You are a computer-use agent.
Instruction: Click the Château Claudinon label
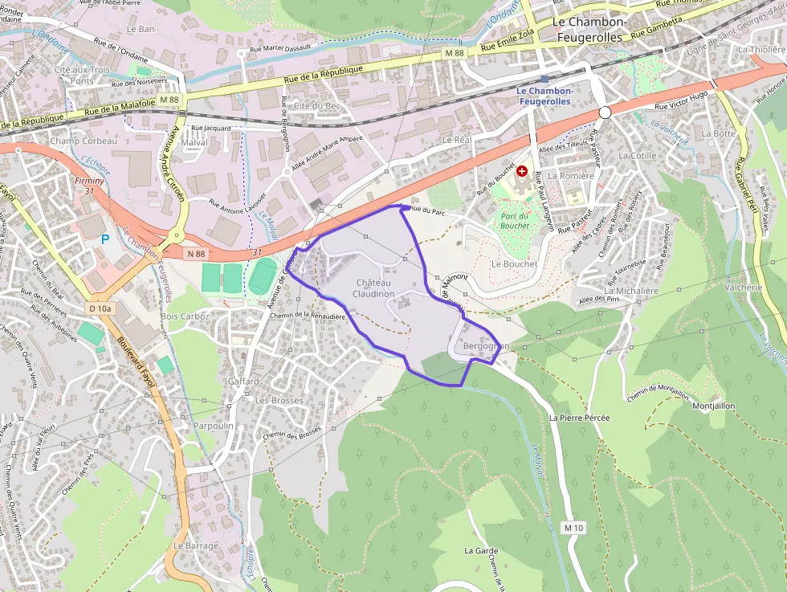point(373,288)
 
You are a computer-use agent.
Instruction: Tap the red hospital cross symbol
point(523,171)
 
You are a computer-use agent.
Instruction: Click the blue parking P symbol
point(105,239)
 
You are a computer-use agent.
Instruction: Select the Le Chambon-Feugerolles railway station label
point(544,96)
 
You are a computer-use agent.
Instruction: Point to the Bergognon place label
point(487,346)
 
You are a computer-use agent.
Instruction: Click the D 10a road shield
point(101,308)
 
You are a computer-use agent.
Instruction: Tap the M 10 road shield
point(573,528)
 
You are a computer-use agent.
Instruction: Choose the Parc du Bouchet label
point(514,220)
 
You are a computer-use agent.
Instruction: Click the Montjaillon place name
point(713,406)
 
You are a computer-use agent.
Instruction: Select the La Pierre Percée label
point(580,418)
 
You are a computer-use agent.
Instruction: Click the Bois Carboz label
point(185,316)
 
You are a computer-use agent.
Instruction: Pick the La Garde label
point(481,551)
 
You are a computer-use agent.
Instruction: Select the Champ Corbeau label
point(84,141)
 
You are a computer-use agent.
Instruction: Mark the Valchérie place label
point(743,287)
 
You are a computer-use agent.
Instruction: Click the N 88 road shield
point(196,254)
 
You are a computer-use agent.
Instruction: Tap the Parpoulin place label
point(214,426)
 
